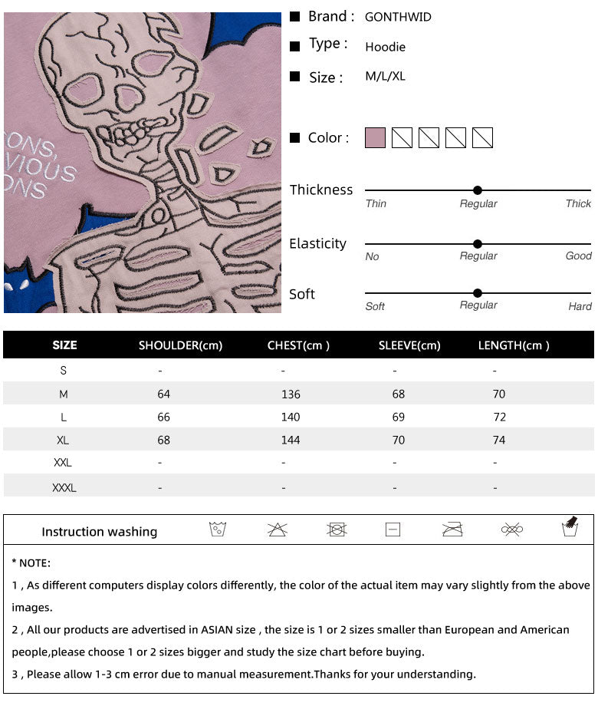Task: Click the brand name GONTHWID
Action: click(x=398, y=17)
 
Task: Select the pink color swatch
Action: click(x=375, y=138)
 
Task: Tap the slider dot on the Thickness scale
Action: click(x=478, y=190)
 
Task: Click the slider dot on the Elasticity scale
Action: click(x=478, y=244)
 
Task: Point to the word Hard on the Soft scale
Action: click(x=580, y=306)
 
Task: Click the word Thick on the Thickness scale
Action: click(x=578, y=203)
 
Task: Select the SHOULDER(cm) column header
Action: click(x=180, y=345)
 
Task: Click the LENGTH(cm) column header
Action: click(x=514, y=345)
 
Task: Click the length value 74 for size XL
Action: click(x=499, y=440)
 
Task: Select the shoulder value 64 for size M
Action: click(x=163, y=394)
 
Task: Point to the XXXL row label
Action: click(x=64, y=487)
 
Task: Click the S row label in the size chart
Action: click(x=64, y=371)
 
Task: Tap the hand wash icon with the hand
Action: click(x=570, y=528)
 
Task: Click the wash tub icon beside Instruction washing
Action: click(x=218, y=529)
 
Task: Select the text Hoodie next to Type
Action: click(x=385, y=47)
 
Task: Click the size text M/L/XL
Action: click(x=385, y=77)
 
